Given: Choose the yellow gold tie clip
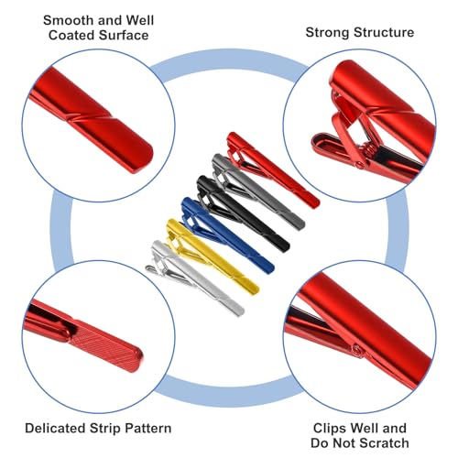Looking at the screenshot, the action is [x=213, y=257].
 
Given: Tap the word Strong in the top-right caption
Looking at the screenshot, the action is [x=328, y=33].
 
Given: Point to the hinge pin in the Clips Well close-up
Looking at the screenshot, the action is [x=357, y=350].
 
